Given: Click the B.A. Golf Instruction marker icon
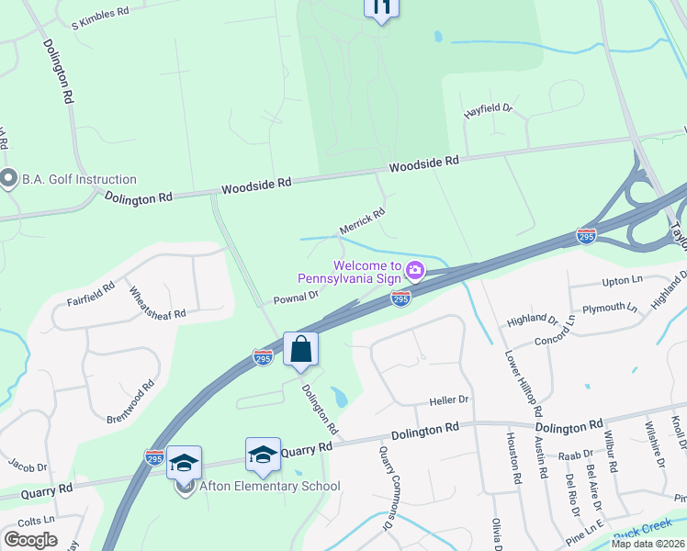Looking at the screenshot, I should (10, 178).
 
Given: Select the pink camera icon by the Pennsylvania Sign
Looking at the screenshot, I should (415, 270).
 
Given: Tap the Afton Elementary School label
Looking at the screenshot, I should (270, 486).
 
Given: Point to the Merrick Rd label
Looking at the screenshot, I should (362, 219).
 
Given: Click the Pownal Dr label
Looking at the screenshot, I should (296, 298).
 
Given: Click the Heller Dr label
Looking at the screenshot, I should (449, 400).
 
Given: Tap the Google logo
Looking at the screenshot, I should (30, 540).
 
